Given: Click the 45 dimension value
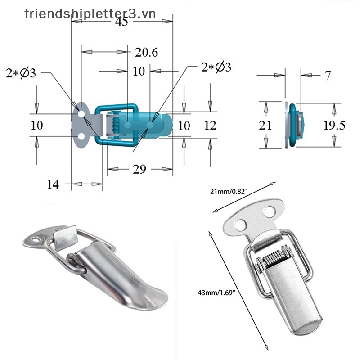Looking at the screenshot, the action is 121,22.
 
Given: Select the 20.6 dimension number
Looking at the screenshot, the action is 147,53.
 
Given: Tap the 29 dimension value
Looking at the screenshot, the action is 139,170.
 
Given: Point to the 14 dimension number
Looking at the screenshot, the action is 53,184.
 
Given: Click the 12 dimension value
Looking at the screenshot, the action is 210,126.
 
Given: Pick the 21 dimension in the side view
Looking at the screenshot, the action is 265,126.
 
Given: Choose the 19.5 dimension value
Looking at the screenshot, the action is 334,126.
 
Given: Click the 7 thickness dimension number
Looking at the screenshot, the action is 328,76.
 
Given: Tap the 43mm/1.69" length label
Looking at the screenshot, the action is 217,293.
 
